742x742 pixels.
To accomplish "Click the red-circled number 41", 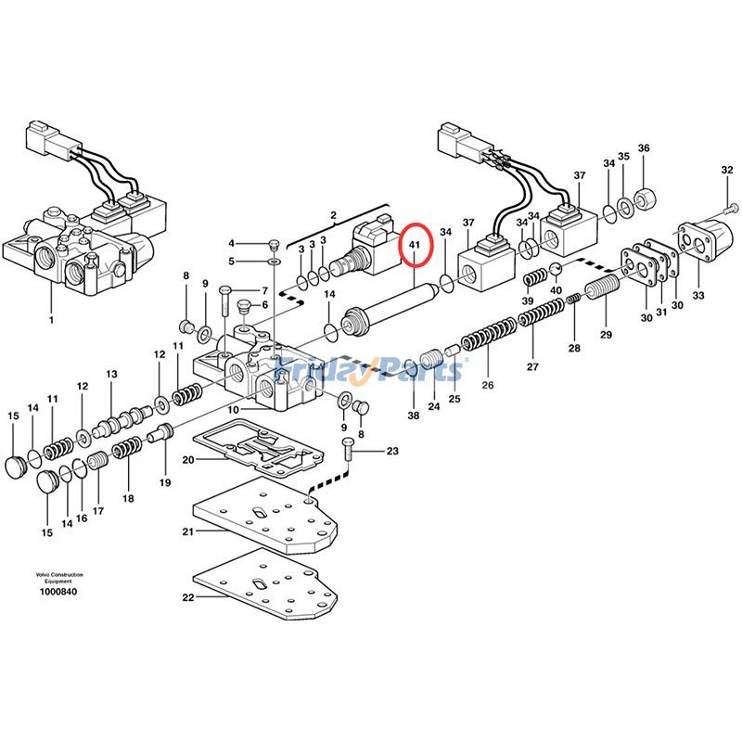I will [415, 246].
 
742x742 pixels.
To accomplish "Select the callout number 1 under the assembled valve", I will [51, 320].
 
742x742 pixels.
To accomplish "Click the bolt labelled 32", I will [733, 207].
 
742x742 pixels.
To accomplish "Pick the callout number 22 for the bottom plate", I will [187, 598].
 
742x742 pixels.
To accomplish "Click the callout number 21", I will [187, 531].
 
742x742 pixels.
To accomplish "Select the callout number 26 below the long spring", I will [488, 385].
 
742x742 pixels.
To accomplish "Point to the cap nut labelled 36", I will [646, 197].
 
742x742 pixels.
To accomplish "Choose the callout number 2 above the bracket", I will [333, 215].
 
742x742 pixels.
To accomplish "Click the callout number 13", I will [111, 374].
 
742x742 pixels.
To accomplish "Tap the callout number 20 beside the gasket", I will [187, 460].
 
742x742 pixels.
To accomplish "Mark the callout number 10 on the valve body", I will [236, 409].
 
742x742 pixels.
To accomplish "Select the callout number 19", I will [165, 482].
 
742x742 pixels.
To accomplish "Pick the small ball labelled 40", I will [556, 270].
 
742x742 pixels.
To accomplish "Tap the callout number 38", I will [413, 416].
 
